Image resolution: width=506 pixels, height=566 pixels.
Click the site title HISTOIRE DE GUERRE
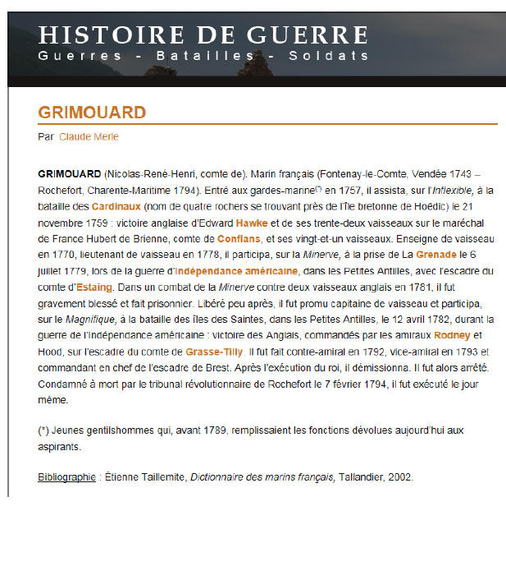(203, 35)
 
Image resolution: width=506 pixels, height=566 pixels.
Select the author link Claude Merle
(89, 137)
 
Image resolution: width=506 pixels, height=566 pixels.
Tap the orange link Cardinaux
(116, 205)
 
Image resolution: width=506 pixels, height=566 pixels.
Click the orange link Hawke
(251, 222)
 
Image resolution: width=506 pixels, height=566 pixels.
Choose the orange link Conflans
(239, 238)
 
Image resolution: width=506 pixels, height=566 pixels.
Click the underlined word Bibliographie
(66, 477)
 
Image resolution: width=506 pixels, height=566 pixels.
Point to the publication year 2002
(399, 477)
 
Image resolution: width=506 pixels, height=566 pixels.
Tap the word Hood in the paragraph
(50, 352)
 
